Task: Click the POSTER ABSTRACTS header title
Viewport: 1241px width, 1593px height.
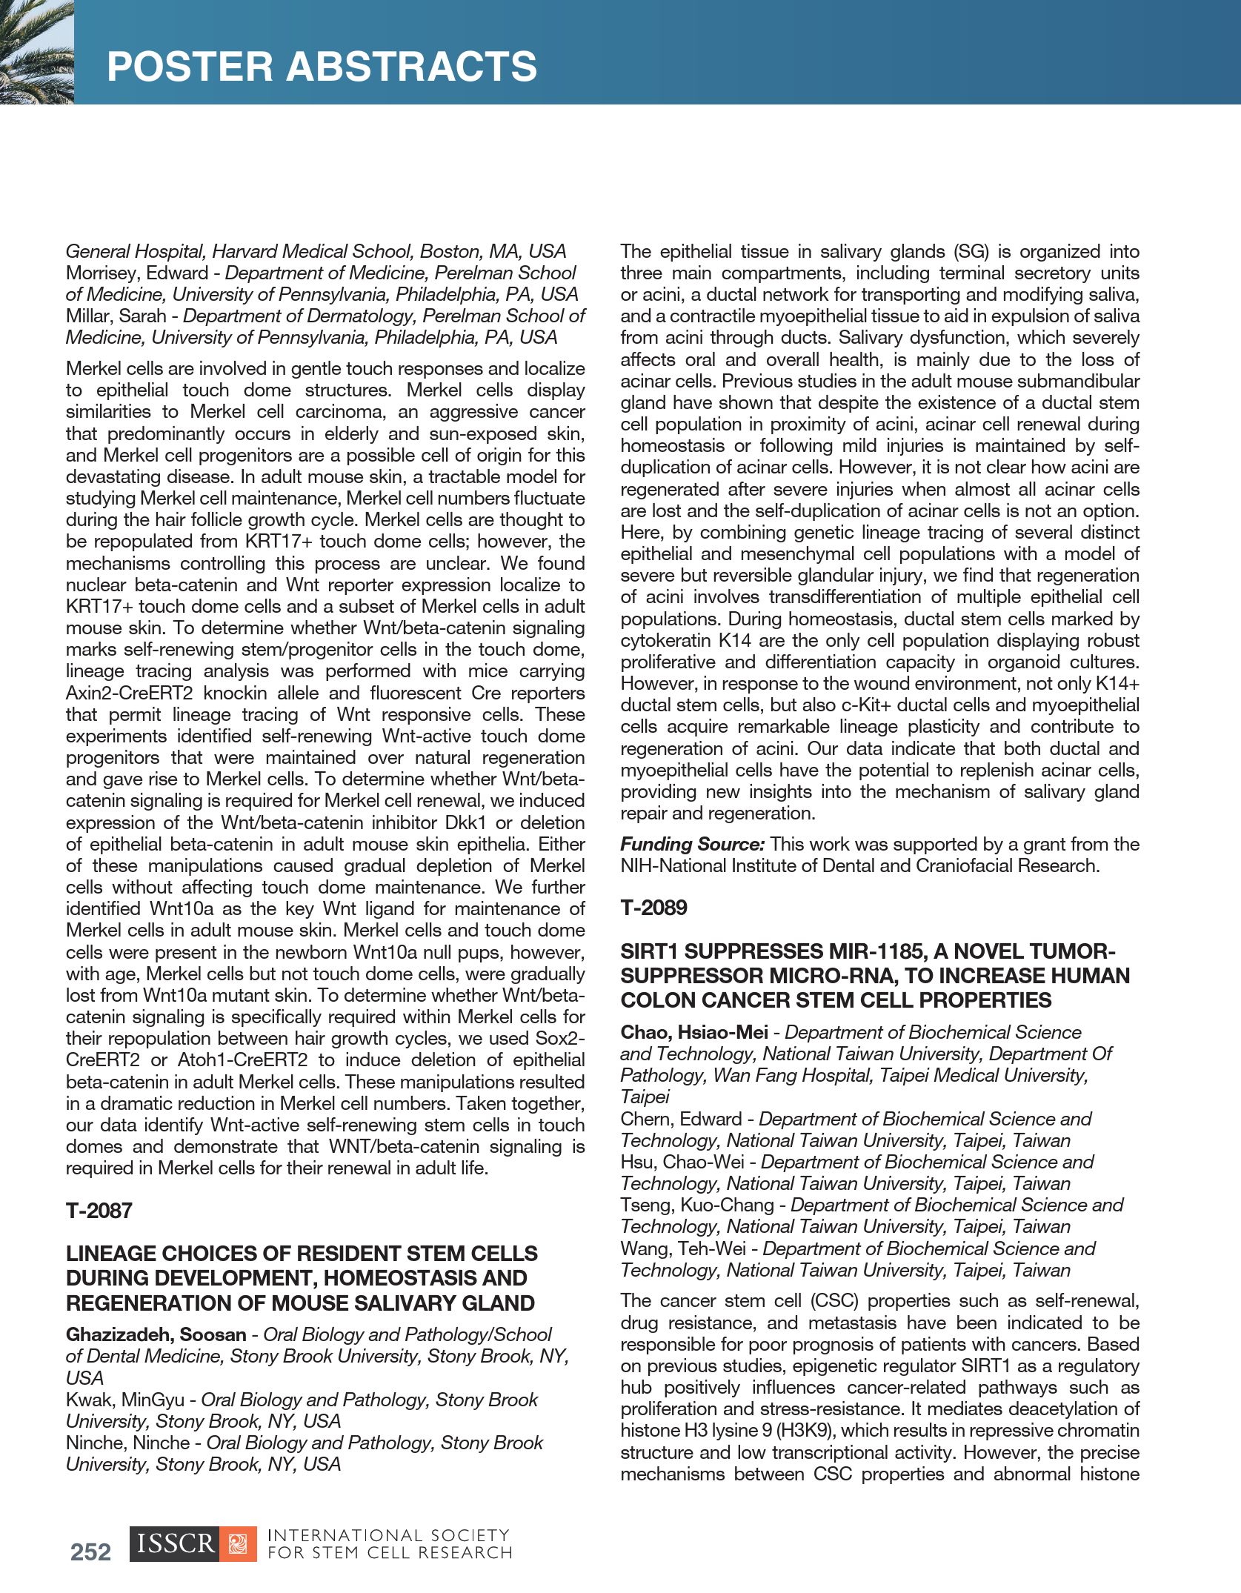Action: (x=322, y=67)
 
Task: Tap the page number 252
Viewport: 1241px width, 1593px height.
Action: (x=90, y=1552)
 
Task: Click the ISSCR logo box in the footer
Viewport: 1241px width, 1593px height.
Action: (x=175, y=1544)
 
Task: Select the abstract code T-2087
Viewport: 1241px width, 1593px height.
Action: (x=99, y=1211)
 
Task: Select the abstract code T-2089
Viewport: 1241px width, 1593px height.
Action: (x=653, y=908)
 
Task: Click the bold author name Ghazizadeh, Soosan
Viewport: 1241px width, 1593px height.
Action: (x=156, y=1334)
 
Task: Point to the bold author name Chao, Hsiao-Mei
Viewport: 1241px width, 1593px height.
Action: (x=694, y=1032)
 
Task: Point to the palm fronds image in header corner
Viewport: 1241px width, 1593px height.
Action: (x=36, y=52)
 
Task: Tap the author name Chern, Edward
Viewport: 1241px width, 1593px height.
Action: (x=681, y=1119)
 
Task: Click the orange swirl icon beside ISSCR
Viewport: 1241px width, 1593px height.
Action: (x=238, y=1545)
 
